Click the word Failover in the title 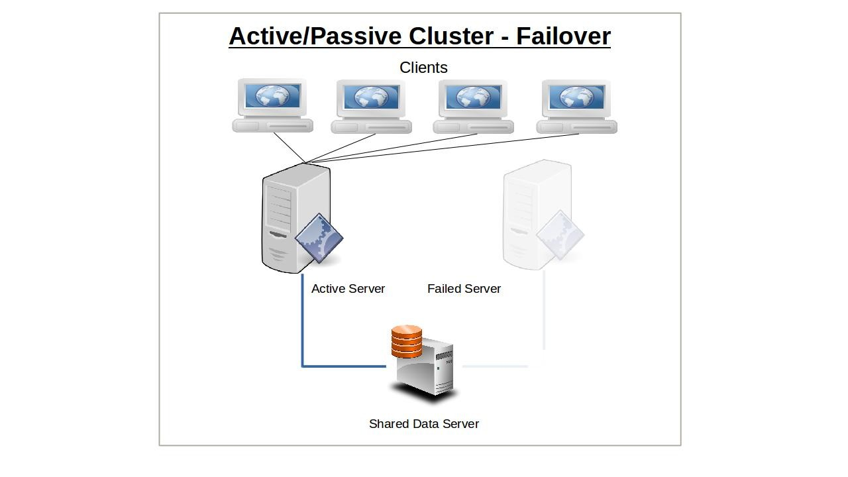tap(563, 36)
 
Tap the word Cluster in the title tap(449, 36)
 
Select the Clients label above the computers tap(423, 68)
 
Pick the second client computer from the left tap(371, 106)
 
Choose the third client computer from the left tap(473, 106)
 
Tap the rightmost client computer tap(576, 106)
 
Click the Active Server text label tap(348, 289)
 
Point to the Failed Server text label tap(464, 289)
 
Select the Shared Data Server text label tap(423, 424)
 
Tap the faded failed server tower tap(530, 205)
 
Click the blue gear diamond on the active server tap(319, 238)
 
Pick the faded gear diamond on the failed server tap(560, 235)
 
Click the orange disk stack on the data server tap(406, 341)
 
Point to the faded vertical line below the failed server tap(544, 311)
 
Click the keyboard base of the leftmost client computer tap(272, 126)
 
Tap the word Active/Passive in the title tap(313, 36)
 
